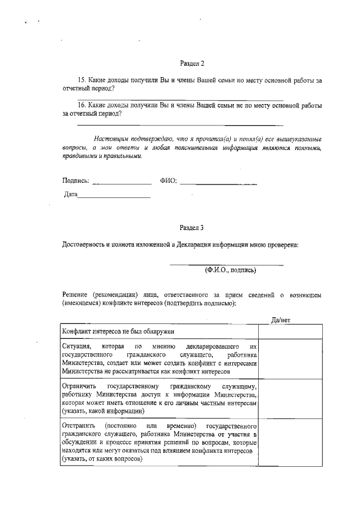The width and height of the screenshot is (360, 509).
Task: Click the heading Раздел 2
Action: (x=192, y=65)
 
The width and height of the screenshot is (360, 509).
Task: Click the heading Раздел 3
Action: (x=192, y=228)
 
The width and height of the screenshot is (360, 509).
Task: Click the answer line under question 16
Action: (x=179, y=125)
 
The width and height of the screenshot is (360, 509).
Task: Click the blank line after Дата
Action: (x=114, y=197)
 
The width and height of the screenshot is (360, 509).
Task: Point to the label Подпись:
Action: (x=75, y=181)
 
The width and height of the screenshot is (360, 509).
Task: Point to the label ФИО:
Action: (x=168, y=181)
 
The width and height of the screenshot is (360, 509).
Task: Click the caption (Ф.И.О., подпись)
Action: (x=230, y=271)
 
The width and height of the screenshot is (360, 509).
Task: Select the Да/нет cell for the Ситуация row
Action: (x=290, y=360)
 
